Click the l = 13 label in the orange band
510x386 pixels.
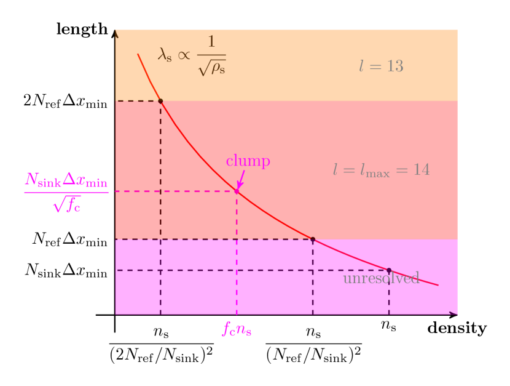point(381,66)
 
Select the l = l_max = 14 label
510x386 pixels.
point(381,169)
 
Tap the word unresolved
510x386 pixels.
point(381,278)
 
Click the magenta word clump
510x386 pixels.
point(248,161)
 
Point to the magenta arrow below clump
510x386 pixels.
point(241,179)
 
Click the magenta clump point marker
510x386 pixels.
point(237,191)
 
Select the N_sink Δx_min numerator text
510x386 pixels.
point(66,180)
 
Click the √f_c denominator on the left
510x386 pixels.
point(66,204)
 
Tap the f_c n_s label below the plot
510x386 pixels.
point(237,329)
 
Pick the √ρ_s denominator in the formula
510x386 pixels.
point(211,68)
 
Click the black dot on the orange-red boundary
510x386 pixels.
point(160,101)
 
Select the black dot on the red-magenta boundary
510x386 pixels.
point(313,239)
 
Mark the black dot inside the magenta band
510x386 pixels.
point(389,270)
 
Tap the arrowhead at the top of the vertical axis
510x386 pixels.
point(116,33)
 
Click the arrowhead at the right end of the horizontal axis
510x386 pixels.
point(454,314)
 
